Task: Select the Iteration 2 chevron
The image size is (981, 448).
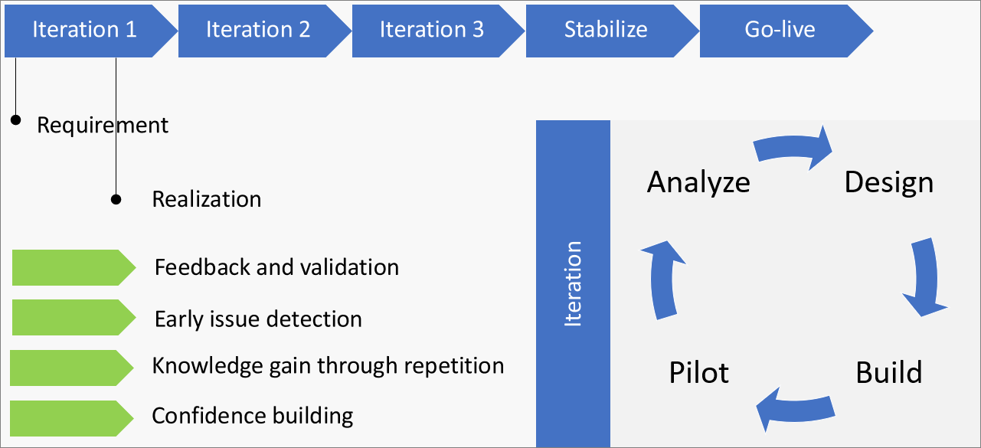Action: click(x=259, y=30)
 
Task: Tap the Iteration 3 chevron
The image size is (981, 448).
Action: click(x=433, y=30)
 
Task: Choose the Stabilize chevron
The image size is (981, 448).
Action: click(x=606, y=30)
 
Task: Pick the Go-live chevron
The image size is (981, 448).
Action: click(x=780, y=30)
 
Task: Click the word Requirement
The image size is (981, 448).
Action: click(x=103, y=125)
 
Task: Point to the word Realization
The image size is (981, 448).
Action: click(x=207, y=199)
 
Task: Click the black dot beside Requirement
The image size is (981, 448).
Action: click(x=15, y=120)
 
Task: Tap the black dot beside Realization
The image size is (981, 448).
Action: click(x=116, y=199)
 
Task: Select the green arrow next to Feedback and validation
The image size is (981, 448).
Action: click(x=73, y=267)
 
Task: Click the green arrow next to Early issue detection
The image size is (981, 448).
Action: click(x=73, y=318)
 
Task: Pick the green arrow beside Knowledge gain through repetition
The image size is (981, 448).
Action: click(x=71, y=368)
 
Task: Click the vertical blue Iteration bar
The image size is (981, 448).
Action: click(x=573, y=283)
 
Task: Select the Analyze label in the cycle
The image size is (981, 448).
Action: click(x=698, y=182)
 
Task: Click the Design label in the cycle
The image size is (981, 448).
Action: click(x=888, y=182)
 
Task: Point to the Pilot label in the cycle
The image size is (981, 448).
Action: click(x=698, y=373)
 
